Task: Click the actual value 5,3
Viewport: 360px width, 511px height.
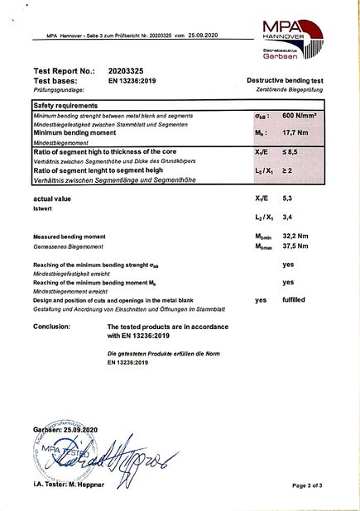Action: click(289, 198)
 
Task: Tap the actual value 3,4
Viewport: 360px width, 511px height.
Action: click(289, 217)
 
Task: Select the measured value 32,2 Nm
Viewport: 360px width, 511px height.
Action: click(295, 236)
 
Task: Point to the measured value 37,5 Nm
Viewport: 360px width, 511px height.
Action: click(295, 246)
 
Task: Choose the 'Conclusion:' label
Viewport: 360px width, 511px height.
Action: click(56, 327)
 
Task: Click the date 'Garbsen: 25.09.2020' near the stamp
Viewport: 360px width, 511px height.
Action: click(65, 431)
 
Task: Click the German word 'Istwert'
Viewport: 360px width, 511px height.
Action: click(43, 209)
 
